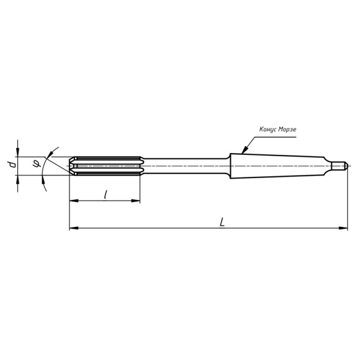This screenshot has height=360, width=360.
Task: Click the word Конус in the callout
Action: click(x=268, y=129)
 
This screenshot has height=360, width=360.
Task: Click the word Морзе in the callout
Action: click(x=287, y=130)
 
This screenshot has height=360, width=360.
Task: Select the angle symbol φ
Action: click(x=37, y=164)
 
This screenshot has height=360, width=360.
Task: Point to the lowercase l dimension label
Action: click(x=105, y=194)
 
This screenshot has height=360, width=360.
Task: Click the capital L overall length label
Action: click(x=222, y=222)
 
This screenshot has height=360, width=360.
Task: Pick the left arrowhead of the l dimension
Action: click(x=74, y=200)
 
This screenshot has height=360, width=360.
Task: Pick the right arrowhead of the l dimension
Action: click(x=136, y=200)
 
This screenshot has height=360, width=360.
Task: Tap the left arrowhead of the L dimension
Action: click(x=74, y=228)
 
